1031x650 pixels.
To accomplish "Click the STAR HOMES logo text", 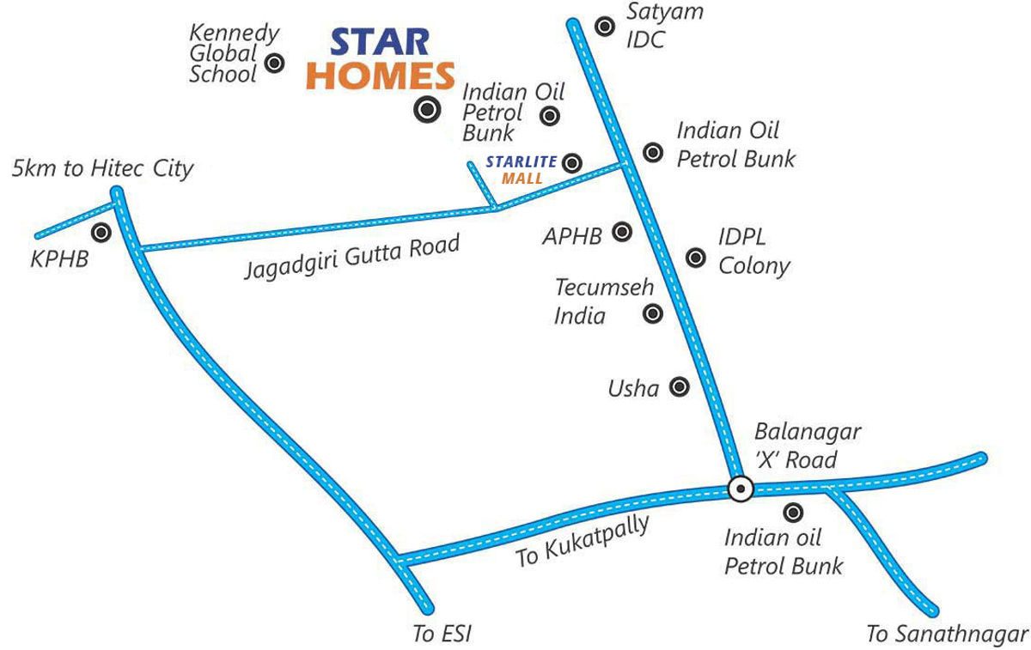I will pos(380,59).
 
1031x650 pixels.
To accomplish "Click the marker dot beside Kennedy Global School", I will pos(275,62).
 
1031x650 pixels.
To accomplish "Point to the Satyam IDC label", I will pos(653,26).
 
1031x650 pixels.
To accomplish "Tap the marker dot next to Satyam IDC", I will pos(605,27).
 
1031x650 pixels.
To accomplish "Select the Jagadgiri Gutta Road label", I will pos(352,256).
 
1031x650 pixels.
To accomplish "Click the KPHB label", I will pos(59,258).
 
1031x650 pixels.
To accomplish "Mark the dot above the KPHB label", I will pos(102,232).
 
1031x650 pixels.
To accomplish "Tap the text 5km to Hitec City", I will pos(102,168).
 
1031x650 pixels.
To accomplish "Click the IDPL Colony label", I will pos(753,251).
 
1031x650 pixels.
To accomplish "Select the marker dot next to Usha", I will pos(680,387).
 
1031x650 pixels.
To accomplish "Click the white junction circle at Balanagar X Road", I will pos(740,488).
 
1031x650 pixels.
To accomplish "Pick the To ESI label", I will pos(442,635).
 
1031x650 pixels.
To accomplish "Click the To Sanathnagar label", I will pos(946,635).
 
